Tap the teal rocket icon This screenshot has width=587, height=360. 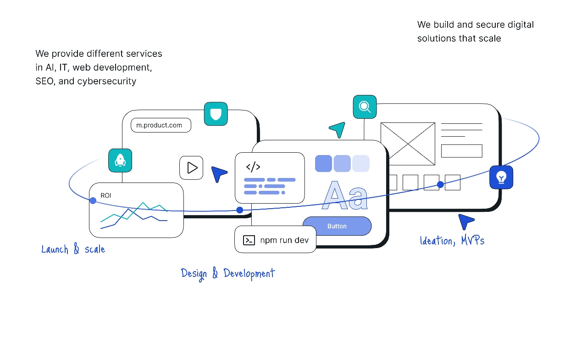pyautogui.click(x=120, y=161)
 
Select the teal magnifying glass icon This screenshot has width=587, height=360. pyautogui.click(x=365, y=107)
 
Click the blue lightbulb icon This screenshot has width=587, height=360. pyautogui.click(x=501, y=177)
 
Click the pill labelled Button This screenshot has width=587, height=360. pyautogui.click(x=337, y=226)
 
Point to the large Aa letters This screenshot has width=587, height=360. pyautogui.click(x=345, y=196)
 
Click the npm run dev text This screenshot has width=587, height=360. pyautogui.click(x=284, y=240)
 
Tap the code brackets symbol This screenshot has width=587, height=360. pyautogui.click(x=253, y=167)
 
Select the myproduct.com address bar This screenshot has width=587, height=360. pyautogui.click(x=161, y=125)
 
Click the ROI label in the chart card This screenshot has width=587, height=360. pyautogui.click(x=106, y=195)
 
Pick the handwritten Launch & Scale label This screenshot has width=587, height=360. pyautogui.click(x=73, y=249)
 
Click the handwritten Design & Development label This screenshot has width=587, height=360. pyautogui.click(x=228, y=274)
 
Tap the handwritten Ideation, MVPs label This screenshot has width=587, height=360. pyautogui.click(x=452, y=240)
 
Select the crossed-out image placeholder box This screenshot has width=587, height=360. pyautogui.click(x=408, y=143)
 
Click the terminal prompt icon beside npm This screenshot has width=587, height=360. pyautogui.click(x=249, y=240)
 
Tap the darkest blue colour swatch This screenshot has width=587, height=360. pyautogui.click(x=323, y=164)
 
